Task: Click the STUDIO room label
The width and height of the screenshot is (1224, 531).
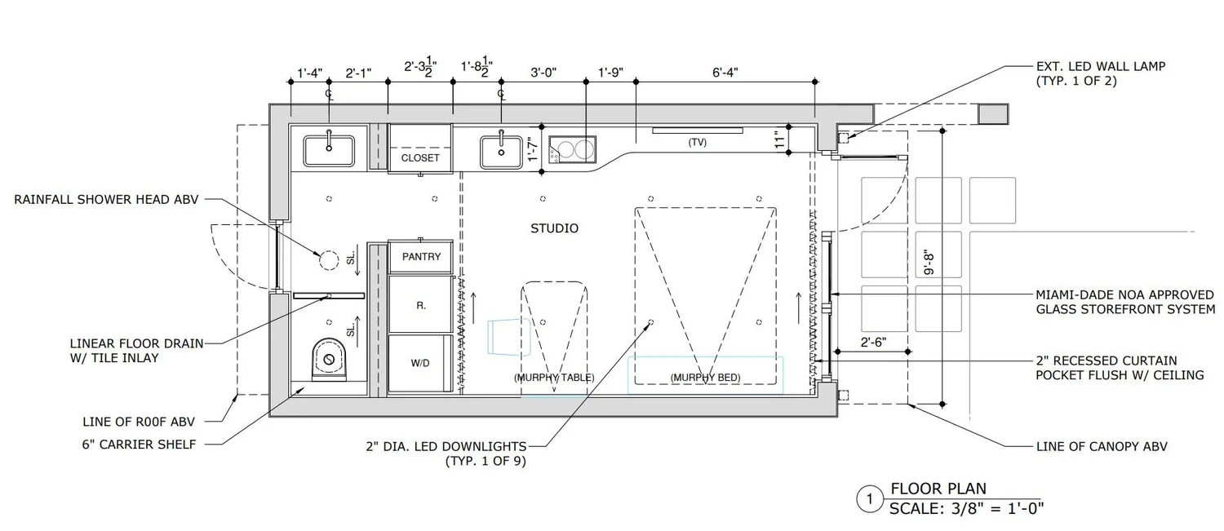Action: point(554,228)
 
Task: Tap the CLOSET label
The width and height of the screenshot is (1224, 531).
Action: point(420,157)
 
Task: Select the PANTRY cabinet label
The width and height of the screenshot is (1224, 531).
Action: point(421,257)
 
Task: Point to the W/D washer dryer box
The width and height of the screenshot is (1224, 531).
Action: point(420,364)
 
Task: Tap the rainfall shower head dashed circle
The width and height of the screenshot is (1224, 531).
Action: point(328,260)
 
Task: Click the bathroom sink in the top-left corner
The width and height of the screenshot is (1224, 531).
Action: point(329,151)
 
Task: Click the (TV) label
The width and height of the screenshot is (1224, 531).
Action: point(697,142)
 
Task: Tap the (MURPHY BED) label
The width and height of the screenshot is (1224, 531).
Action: point(699,378)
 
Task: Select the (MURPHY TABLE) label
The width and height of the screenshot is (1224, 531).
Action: point(554,378)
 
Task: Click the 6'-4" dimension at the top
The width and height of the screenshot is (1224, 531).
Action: point(725,73)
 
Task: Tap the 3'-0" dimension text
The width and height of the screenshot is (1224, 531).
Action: point(543,73)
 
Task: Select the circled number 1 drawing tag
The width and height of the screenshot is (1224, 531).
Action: point(870,498)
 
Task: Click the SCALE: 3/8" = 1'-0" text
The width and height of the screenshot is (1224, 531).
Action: point(967,508)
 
